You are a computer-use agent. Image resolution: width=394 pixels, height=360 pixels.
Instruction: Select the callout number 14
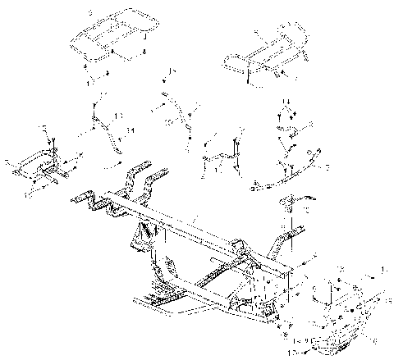(x=131, y=130)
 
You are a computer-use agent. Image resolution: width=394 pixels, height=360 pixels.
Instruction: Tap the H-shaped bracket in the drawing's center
(x=222, y=152)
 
